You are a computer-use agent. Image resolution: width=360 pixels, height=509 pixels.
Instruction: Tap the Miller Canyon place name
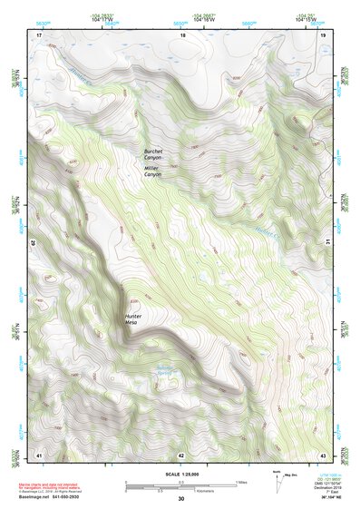coord(151,171)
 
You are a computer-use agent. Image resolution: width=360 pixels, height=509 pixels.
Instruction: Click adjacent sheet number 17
coord(38,34)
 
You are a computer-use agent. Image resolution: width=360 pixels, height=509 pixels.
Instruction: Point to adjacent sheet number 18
coord(182,34)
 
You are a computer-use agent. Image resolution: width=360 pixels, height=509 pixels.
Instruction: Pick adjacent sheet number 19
coord(323,34)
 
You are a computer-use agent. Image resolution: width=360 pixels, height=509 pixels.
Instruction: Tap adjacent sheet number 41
coord(38,454)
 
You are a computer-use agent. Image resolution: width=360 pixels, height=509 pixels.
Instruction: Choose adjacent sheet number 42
coord(181,454)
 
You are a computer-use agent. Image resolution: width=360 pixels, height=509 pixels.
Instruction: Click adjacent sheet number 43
coord(323,454)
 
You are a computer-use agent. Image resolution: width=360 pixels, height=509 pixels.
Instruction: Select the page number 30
coord(180,499)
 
